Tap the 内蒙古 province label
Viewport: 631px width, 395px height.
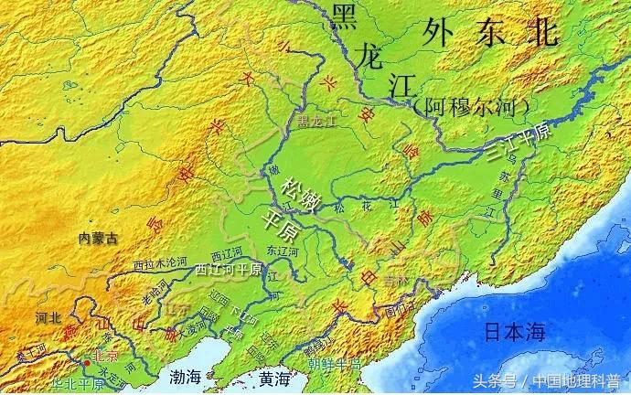(x=99, y=238)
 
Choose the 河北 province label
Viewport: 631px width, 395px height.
(x=48, y=318)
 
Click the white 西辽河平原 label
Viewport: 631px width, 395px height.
(x=229, y=271)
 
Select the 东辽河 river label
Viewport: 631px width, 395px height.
(x=282, y=250)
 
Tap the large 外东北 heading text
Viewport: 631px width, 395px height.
(x=489, y=34)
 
